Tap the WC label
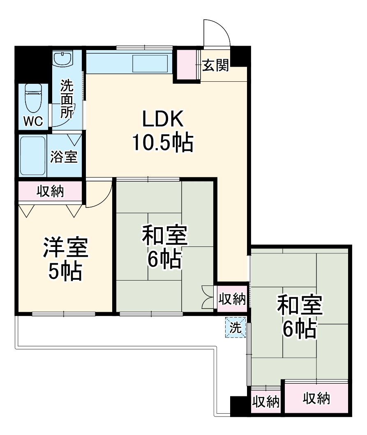click(x=33, y=122)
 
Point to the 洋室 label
click(x=66, y=249)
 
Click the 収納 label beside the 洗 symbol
click(x=232, y=299)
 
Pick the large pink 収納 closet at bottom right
click(x=317, y=398)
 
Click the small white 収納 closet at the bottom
click(x=266, y=400)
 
